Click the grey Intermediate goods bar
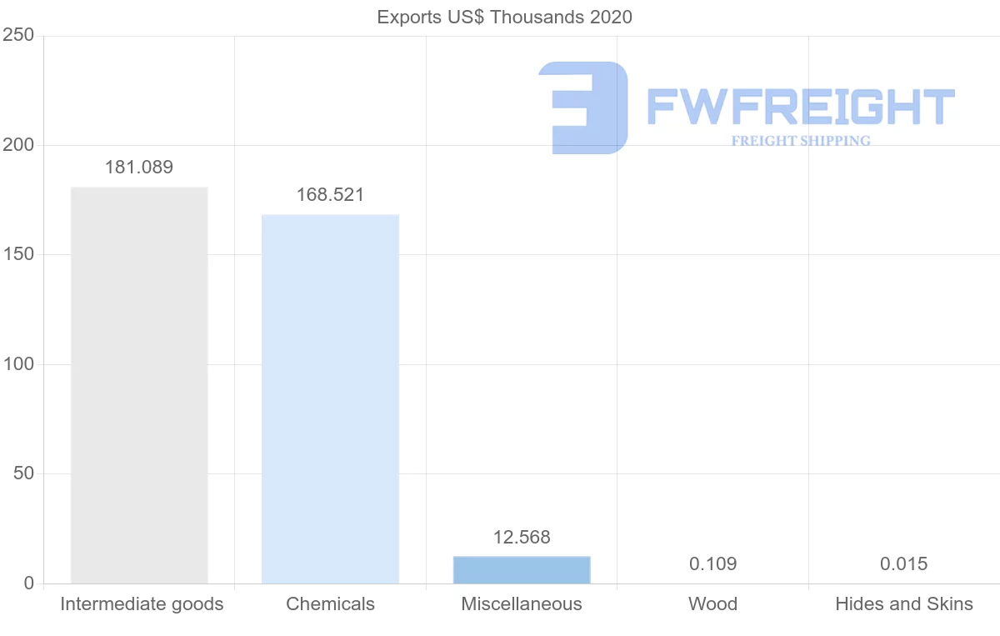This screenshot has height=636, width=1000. [x=139, y=385]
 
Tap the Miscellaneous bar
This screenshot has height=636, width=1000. [x=522, y=570]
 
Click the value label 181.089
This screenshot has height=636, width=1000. [x=139, y=168]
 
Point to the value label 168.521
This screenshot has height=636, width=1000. [x=330, y=195]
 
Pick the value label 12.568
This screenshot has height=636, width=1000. [x=522, y=538]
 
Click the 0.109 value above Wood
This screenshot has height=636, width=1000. [x=712, y=564]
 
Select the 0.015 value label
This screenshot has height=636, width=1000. [x=903, y=564]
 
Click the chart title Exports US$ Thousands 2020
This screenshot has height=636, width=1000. [x=504, y=17]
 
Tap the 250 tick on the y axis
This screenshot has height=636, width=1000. [x=17, y=35]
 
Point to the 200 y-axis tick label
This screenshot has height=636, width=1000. [x=17, y=145]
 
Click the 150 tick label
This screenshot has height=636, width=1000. [x=17, y=254]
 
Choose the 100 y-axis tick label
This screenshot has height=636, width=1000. [x=17, y=364]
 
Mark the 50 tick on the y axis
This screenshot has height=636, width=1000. [x=22, y=473]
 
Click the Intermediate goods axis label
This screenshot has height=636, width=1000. [x=142, y=604]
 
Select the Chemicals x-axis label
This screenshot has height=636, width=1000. [x=330, y=604]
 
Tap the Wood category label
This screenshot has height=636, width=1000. [x=712, y=604]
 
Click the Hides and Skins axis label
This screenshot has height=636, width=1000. [x=904, y=604]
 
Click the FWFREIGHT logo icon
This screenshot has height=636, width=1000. [x=583, y=108]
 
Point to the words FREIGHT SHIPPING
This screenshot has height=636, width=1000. [x=801, y=141]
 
